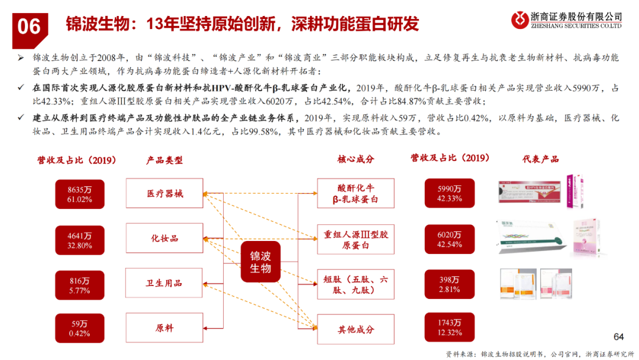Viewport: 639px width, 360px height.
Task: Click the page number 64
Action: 619,337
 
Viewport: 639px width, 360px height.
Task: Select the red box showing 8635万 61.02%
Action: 79,194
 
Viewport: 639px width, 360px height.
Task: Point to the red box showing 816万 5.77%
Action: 79,284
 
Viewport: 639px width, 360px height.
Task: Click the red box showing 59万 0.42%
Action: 79,329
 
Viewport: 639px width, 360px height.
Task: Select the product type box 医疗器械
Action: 164,194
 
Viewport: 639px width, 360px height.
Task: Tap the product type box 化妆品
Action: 164,239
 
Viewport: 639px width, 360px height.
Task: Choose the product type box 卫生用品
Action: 164,284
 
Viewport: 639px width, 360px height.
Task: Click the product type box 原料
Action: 164,329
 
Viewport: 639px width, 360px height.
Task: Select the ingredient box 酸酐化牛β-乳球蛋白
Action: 355,194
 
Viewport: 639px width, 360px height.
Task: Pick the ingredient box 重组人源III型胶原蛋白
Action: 355,239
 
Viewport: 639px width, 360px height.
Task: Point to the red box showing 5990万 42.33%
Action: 450,194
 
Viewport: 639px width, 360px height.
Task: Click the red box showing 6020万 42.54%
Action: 450,239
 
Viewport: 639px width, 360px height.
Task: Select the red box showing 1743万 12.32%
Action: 450,327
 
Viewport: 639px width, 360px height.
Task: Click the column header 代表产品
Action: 540,159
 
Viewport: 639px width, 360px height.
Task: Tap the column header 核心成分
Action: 356,159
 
